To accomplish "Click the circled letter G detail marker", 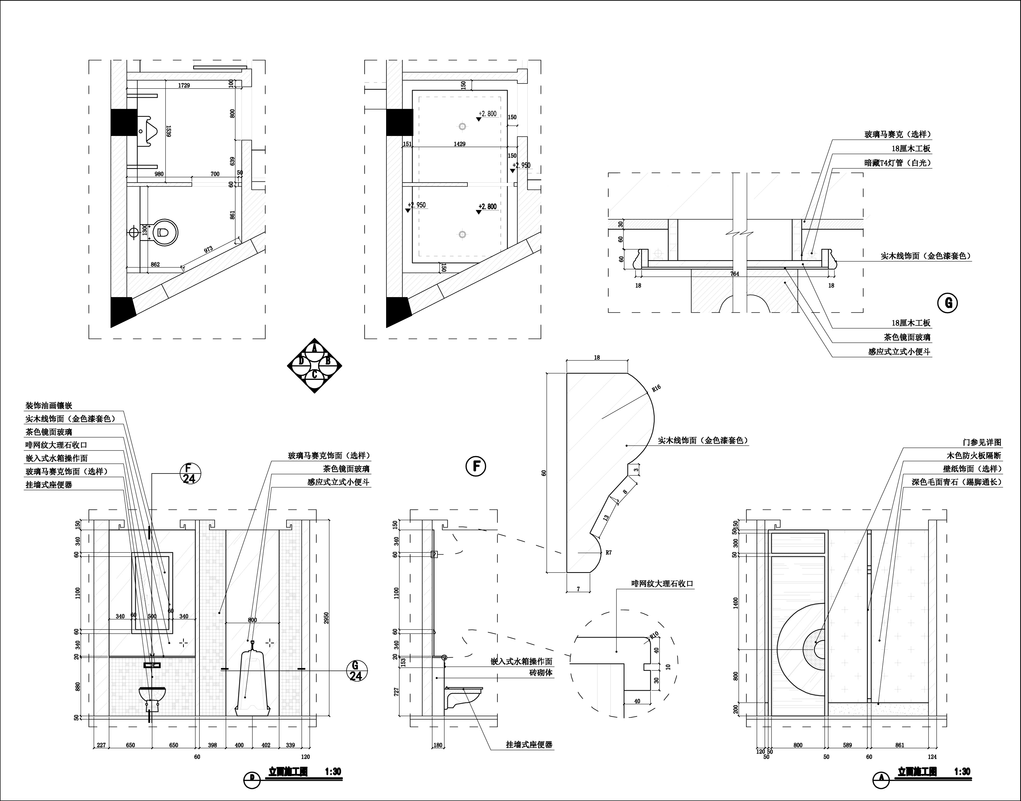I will (x=947, y=303).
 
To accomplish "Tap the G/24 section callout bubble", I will (x=356, y=671).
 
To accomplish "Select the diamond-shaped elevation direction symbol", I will (x=314, y=365).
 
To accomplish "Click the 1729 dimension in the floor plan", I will (x=184, y=85).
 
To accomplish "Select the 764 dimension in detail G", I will (x=734, y=274).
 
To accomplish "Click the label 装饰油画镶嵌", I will (x=49, y=405).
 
